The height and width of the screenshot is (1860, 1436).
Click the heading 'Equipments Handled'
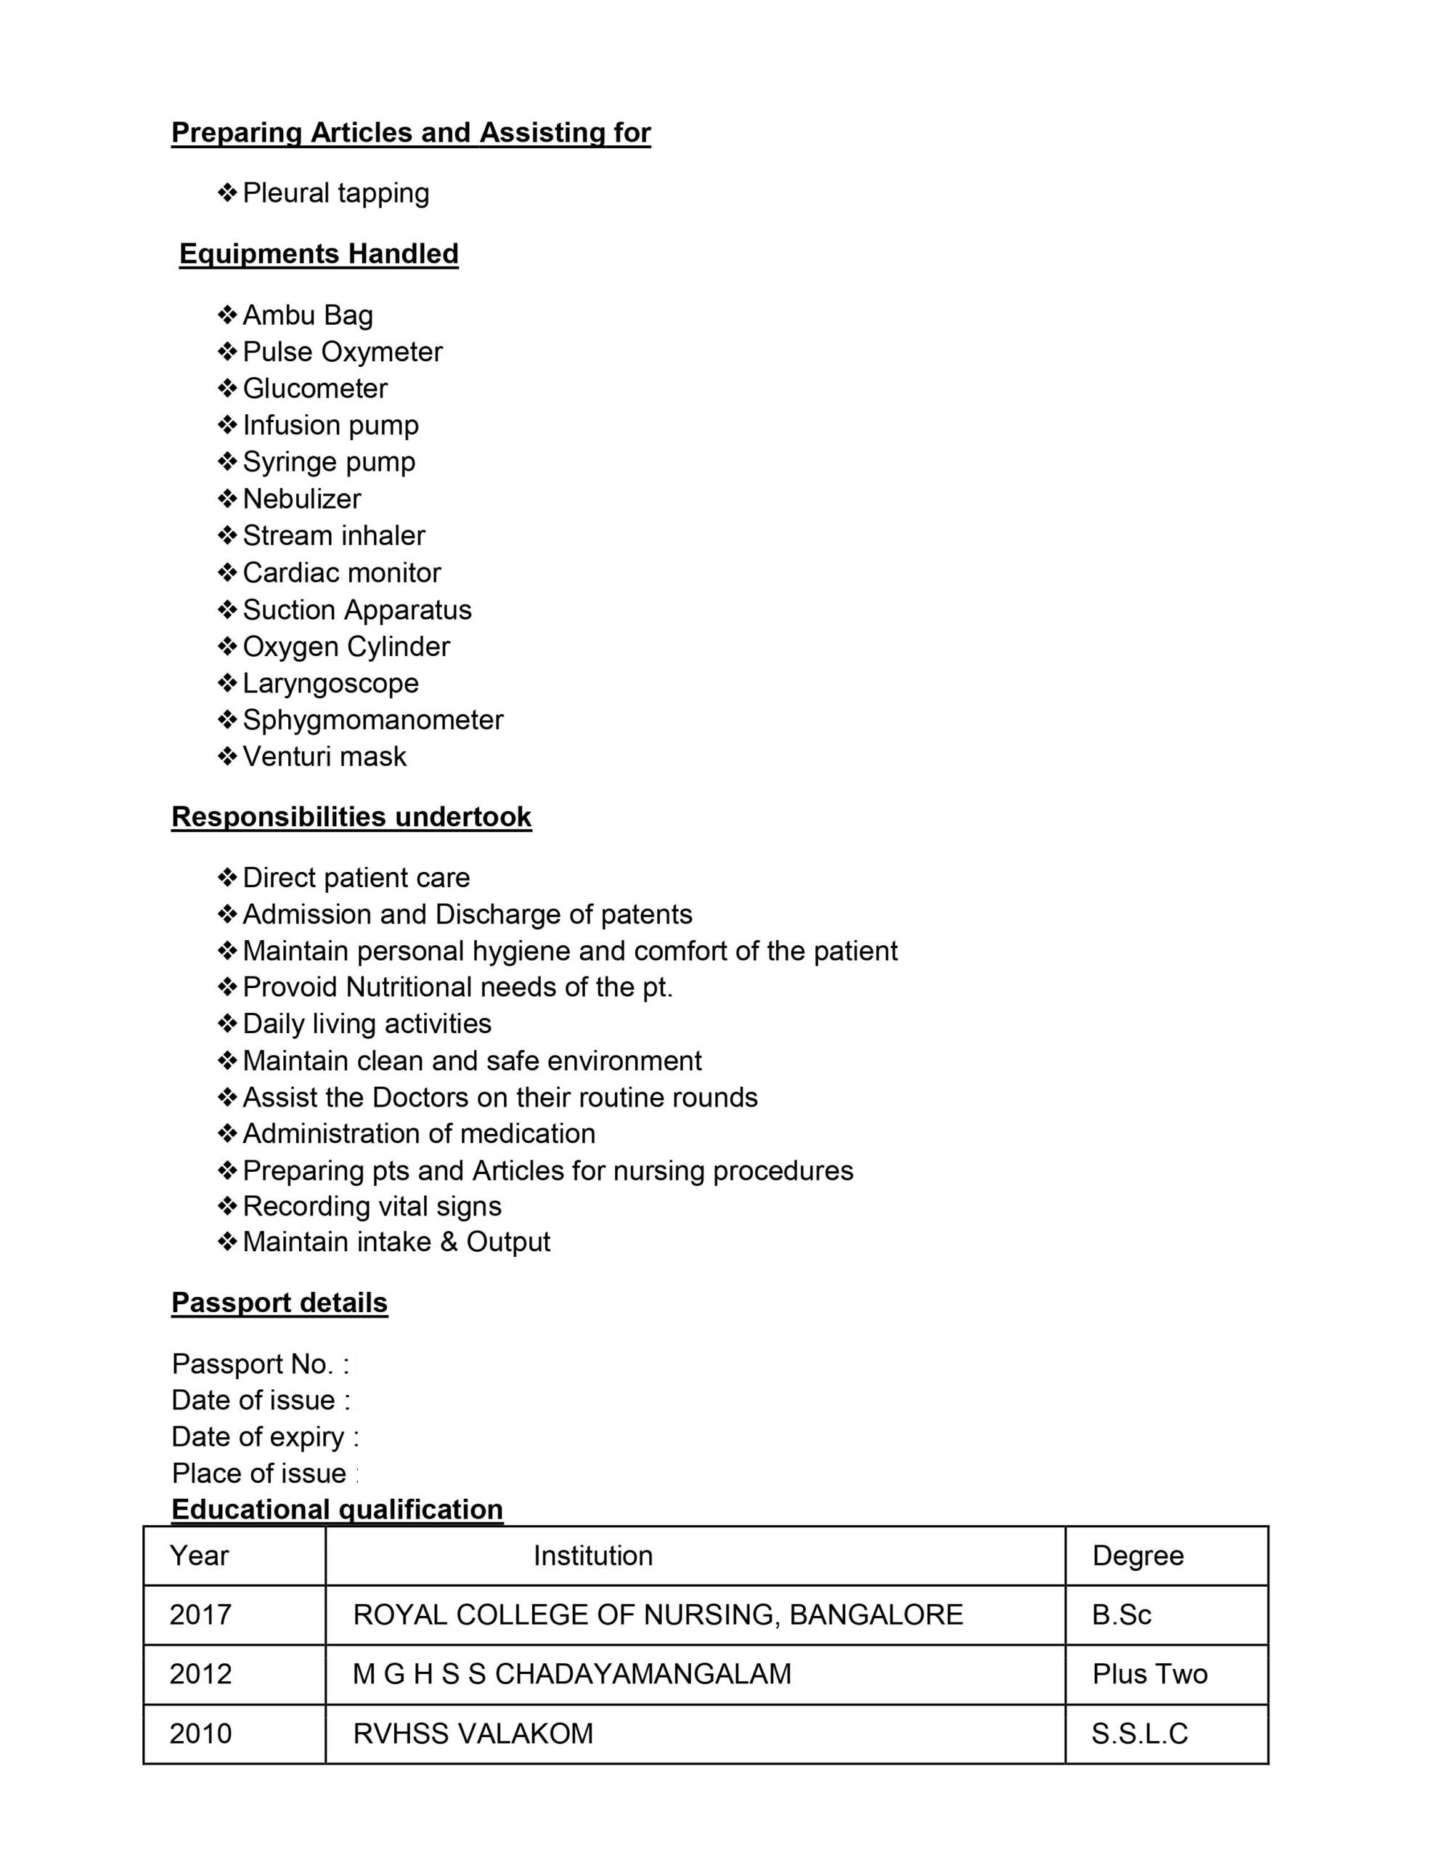pyautogui.click(x=319, y=254)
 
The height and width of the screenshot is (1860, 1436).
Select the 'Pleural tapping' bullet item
pyautogui.click(x=335, y=193)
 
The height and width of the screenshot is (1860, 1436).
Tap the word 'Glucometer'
pyautogui.click(x=315, y=389)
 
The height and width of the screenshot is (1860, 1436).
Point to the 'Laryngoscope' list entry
pyautogui.click(x=330, y=683)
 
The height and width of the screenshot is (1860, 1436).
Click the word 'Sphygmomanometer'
pyautogui.click(x=373, y=719)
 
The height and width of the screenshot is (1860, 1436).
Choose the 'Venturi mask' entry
pyautogui.click(x=325, y=756)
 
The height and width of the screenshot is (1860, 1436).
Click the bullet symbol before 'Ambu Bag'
pyautogui.click(x=227, y=315)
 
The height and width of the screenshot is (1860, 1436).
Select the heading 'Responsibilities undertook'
pyautogui.click(x=351, y=817)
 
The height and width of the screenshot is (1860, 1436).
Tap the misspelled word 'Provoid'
pyautogui.click(x=290, y=987)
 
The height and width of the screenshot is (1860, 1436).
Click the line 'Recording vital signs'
pyautogui.click(x=372, y=1206)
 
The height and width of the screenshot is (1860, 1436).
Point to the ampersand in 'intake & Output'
pyautogui.click(x=449, y=1242)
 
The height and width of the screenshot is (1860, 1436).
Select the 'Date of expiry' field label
pyautogui.click(x=258, y=1436)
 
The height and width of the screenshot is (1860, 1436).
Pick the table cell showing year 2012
pyautogui.click(x=201, y=1673)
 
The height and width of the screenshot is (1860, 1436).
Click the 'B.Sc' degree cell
pyautogui.click(x=1121, y=1614)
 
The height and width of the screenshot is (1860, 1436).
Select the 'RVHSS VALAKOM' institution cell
pyautogui.click(x=473, y=1733)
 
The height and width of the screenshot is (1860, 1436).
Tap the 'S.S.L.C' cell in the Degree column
pyautogui.click(x=1139, y=1733)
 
